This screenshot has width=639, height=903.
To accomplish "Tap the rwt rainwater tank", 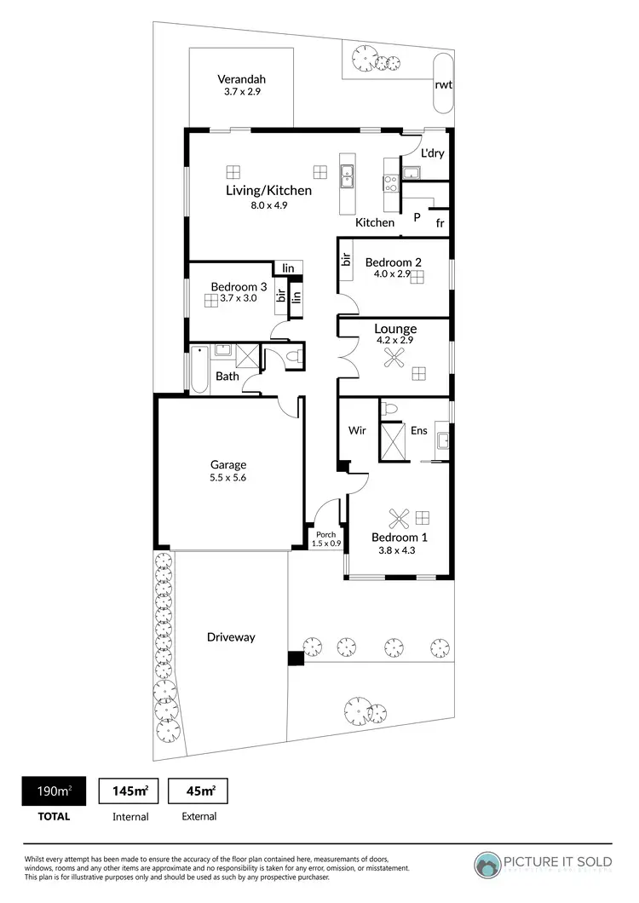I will pos(443,83).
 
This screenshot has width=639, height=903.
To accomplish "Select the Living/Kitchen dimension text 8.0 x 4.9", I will pos(268,205).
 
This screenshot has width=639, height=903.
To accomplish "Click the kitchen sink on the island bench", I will pos(348,177).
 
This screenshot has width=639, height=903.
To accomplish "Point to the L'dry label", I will pos(434,154).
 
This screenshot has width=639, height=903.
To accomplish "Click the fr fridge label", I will pos(440,223).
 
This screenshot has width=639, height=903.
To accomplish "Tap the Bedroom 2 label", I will pos(394,262).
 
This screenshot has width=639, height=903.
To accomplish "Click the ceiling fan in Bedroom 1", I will pos(399,516).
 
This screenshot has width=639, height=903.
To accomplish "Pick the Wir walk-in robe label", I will pos(357,430).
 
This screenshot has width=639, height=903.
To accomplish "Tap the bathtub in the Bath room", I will pos(199,370).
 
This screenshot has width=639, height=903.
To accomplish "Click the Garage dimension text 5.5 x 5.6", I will pos(228,479).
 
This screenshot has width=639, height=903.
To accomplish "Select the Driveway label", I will pos(231,637).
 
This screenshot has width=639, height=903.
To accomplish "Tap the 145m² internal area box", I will pos(130,791).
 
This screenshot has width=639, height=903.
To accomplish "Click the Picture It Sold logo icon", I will pos(489,865).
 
